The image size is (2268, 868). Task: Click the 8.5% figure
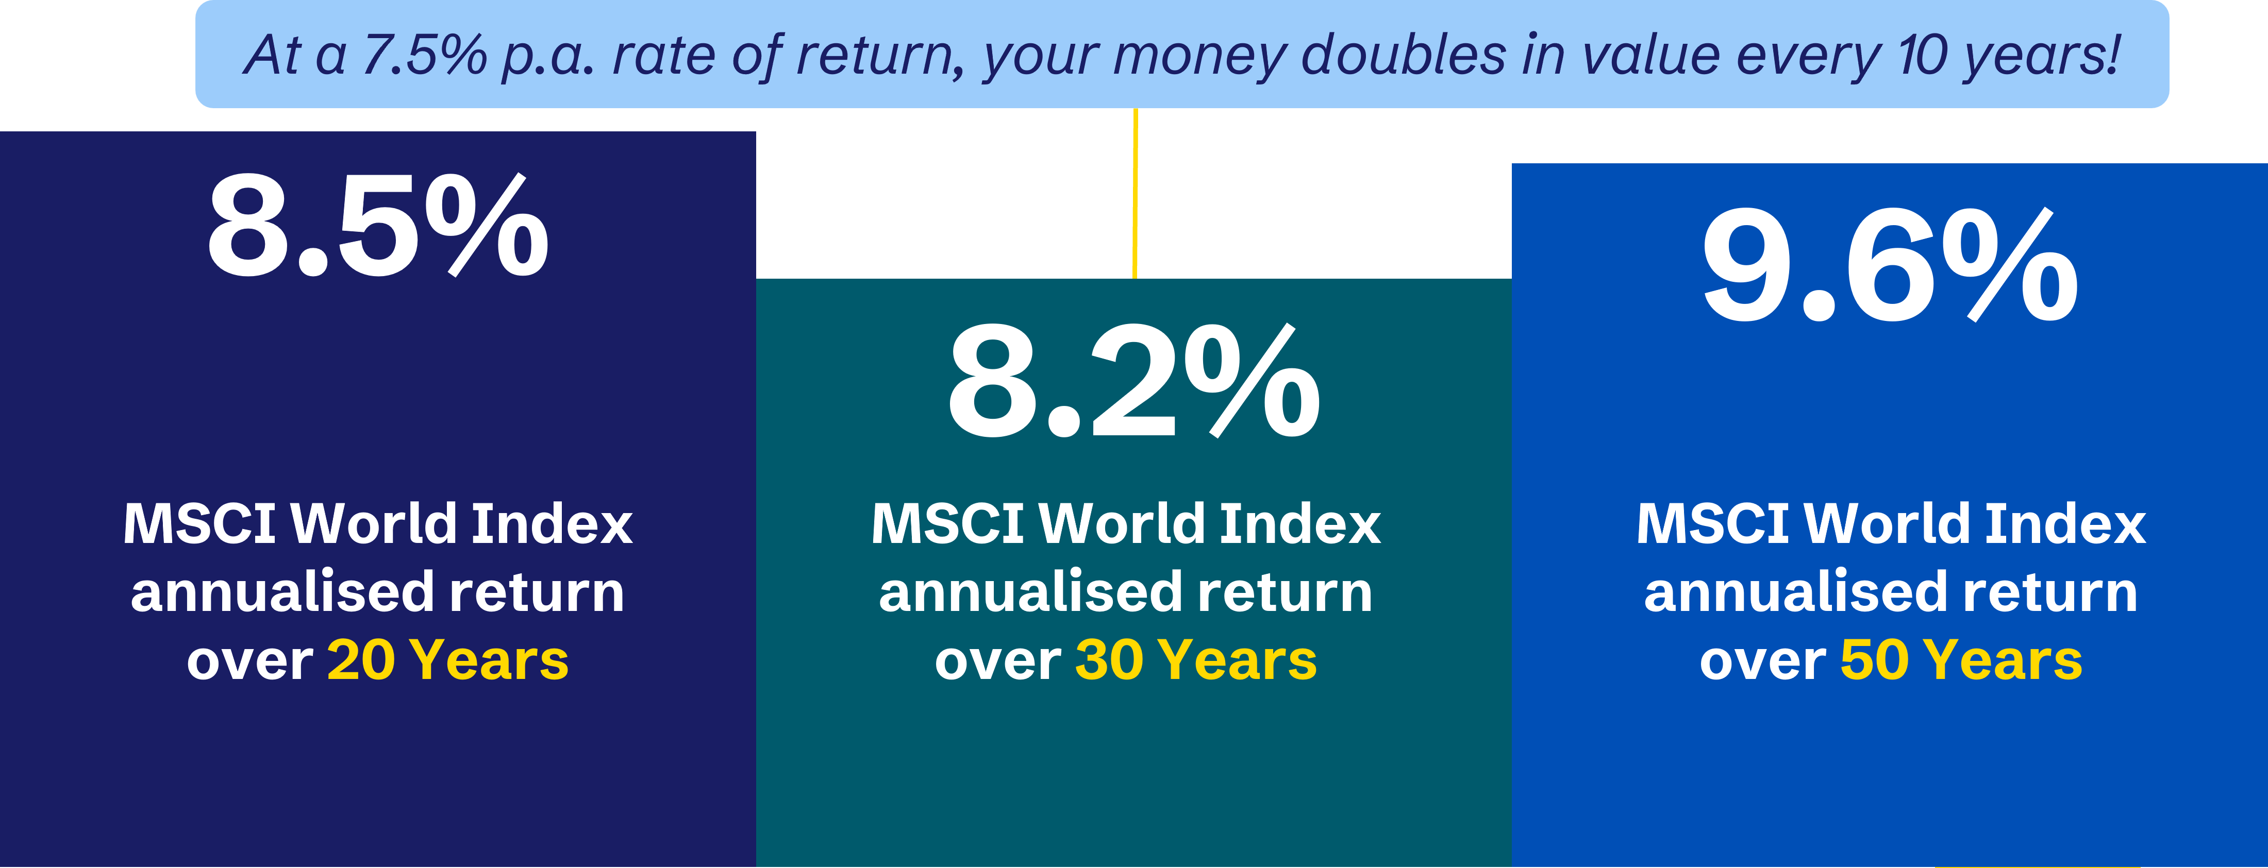(378, 225)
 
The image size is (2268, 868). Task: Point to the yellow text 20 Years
(448, 660)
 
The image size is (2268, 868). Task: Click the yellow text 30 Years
(1196, 660)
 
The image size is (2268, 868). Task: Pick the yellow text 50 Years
(1962, 660)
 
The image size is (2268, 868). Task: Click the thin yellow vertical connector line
(1135, 194)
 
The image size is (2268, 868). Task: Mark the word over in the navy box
(250, 662)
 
